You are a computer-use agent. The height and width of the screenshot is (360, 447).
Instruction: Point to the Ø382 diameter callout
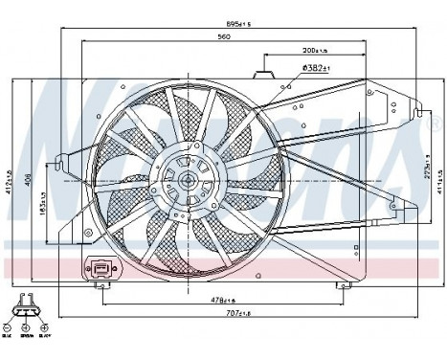[316, 67]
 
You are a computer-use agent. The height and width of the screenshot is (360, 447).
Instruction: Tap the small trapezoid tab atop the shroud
[265, 73]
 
